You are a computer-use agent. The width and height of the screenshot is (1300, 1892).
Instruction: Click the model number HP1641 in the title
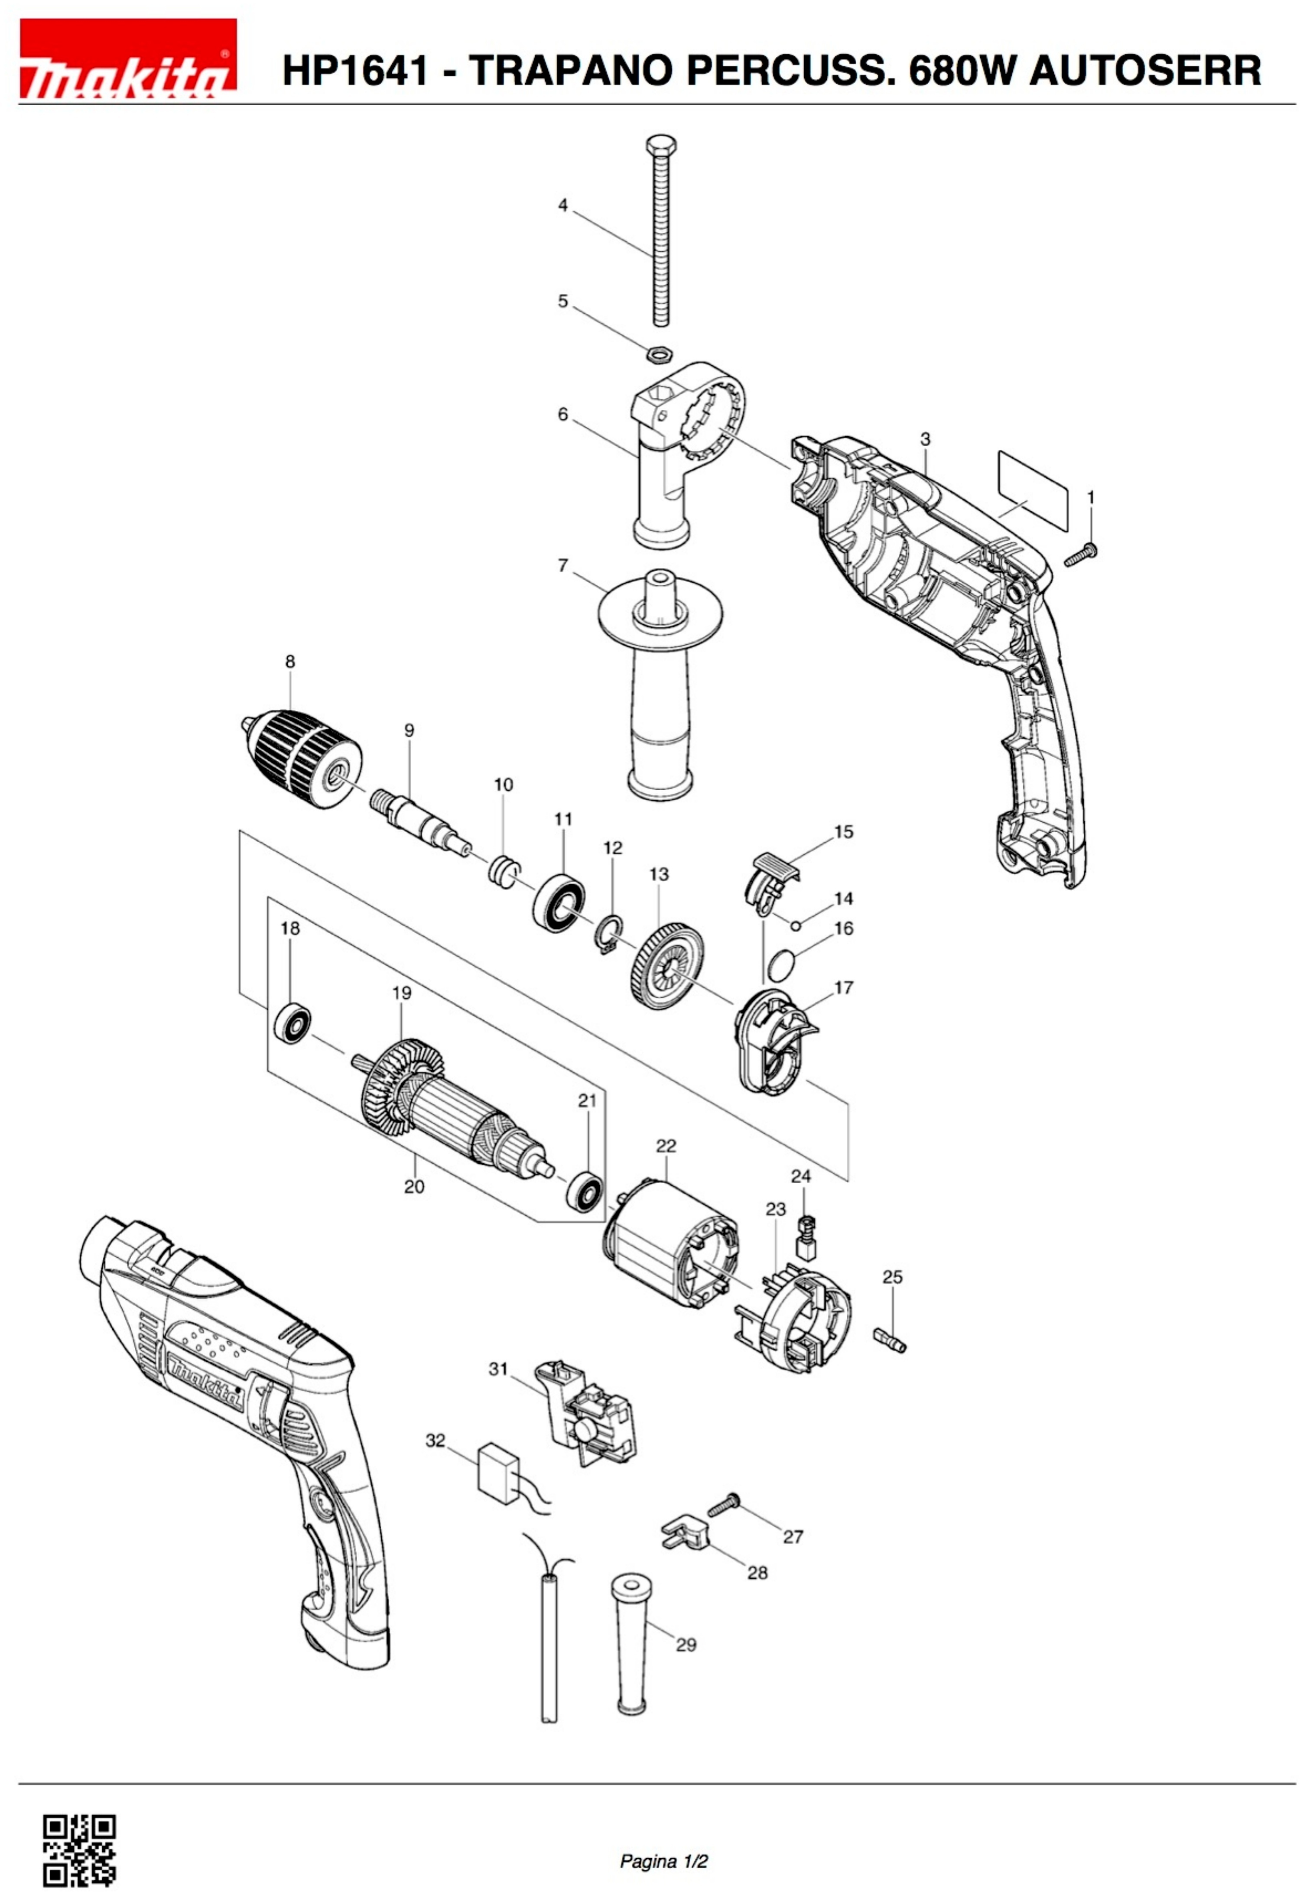(x=355, y=70)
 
